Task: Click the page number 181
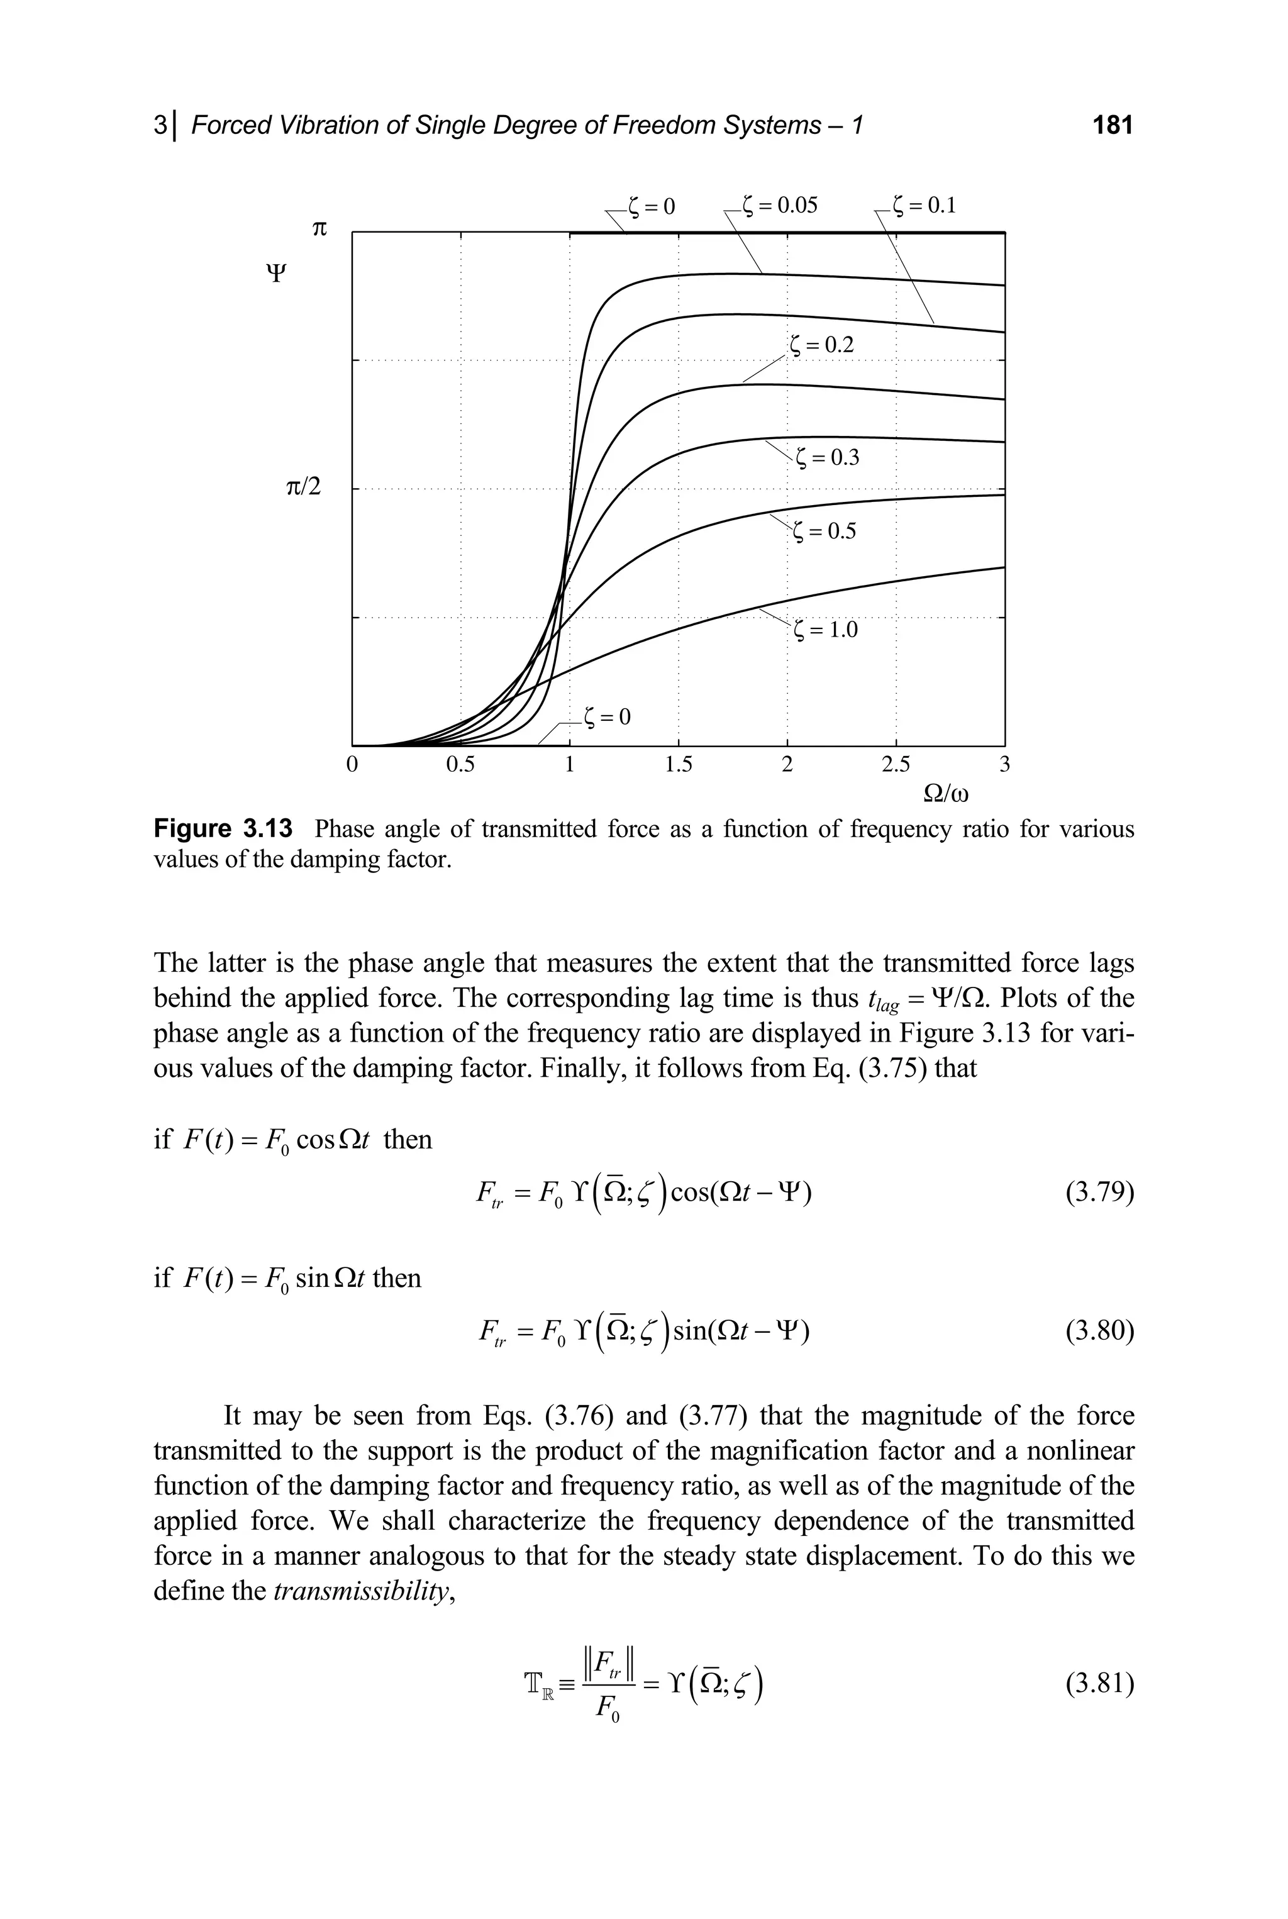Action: click(x=1112, y=125)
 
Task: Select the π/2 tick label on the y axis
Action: click(x=303, y=488)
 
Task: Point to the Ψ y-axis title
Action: click(x=276, y=274)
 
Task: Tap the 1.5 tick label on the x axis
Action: click(x=679, y=765)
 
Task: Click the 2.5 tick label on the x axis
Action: click(x=896, y=765)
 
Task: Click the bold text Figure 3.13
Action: click(x=223, y=829)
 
